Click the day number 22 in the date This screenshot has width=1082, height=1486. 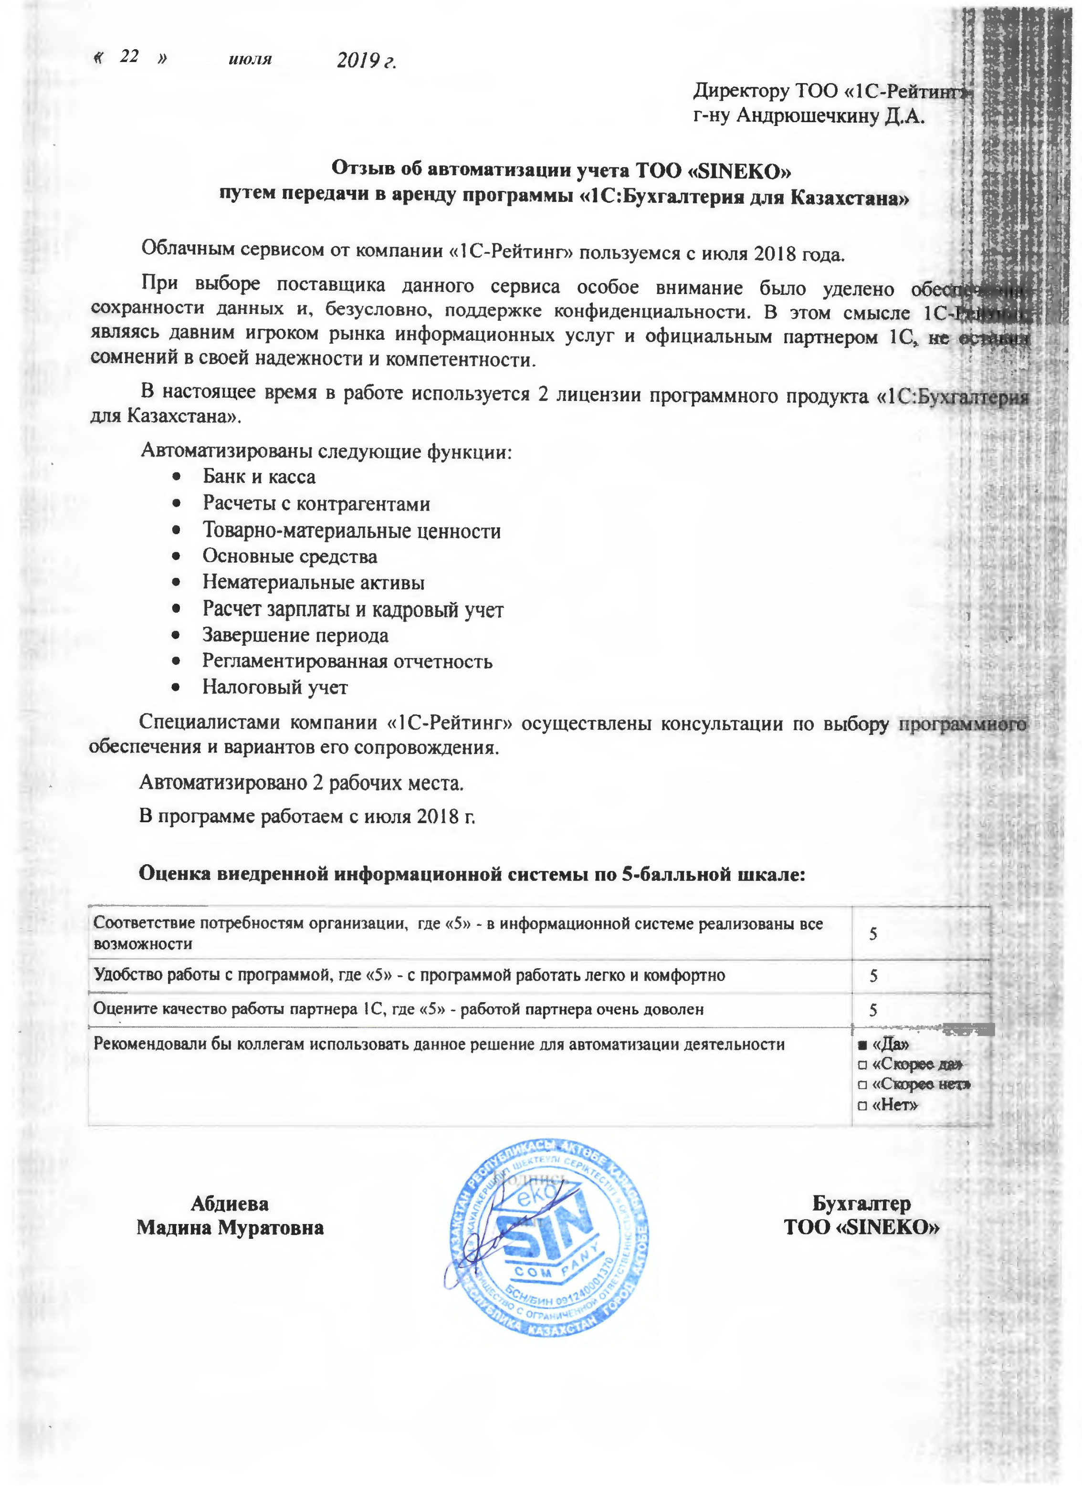click(129, 56)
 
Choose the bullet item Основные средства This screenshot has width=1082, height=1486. click(290, 556)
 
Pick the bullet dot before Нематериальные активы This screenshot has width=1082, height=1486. click(176, 583)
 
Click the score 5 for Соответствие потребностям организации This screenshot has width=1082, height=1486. click(873, 934)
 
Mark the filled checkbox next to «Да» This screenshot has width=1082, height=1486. click(862, 1045)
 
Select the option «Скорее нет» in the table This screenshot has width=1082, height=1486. click(921, 1085)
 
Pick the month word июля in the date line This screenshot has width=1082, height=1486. click(251, 60)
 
